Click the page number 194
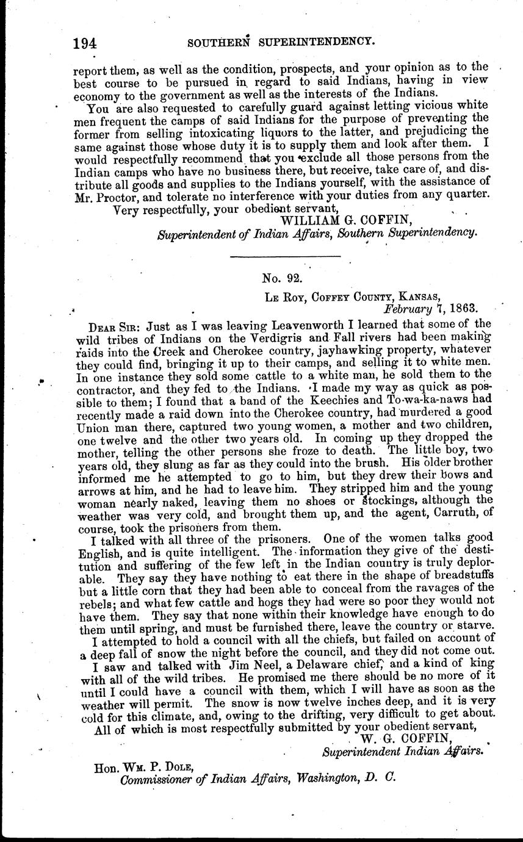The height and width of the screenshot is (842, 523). [x=85, y=43]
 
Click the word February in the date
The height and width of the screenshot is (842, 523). [x=405, y=309]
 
